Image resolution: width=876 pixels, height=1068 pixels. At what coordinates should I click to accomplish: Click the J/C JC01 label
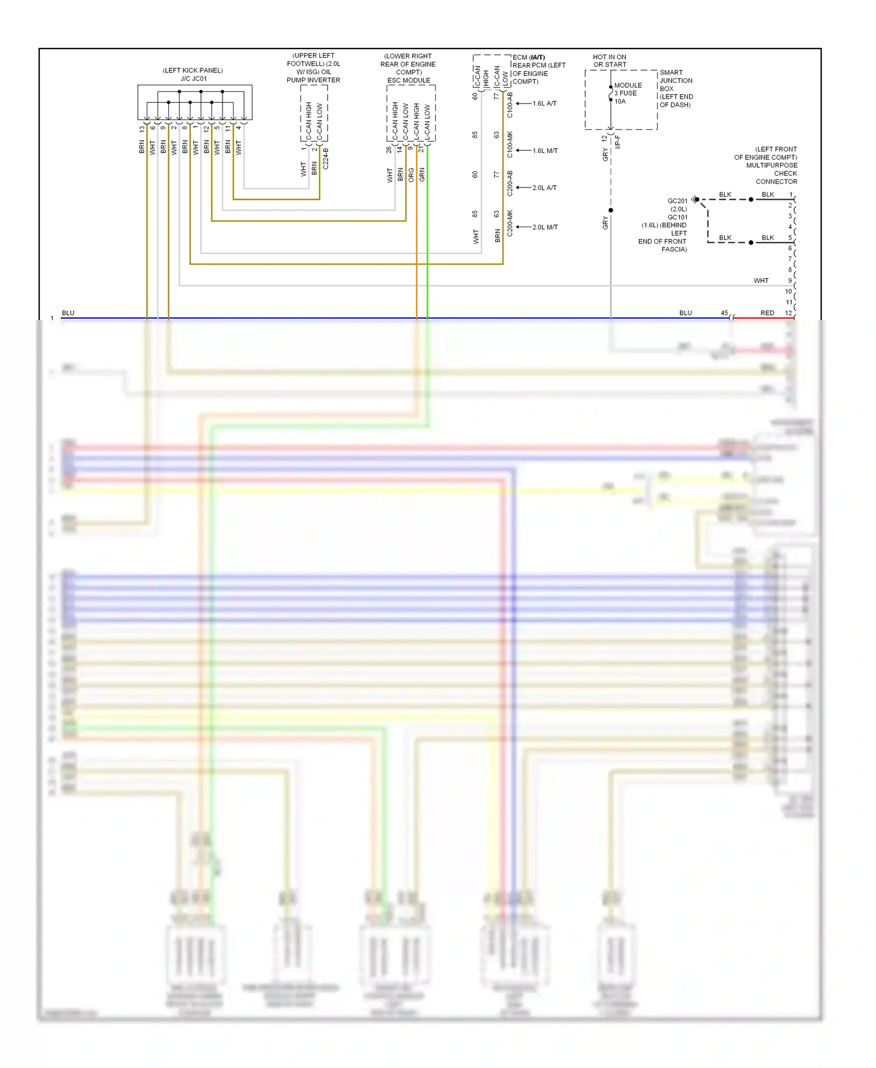(193, 78)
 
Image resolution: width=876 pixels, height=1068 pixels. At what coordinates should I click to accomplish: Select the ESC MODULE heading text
(409, 81)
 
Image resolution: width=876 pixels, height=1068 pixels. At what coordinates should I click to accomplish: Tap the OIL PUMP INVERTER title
(314, 80)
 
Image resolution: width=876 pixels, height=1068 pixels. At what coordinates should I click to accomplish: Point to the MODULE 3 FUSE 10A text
(627, 93)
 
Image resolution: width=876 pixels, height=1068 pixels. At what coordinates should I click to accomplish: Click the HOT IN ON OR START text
(610, 61)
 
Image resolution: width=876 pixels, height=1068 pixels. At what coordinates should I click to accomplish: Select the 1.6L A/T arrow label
(544, 103)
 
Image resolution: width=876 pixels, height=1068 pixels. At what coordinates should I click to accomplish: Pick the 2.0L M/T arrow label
(545, 227)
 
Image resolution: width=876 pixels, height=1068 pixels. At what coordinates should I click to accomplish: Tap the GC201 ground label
(677, 201)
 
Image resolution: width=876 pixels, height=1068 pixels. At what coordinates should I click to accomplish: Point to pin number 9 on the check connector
(790, 280)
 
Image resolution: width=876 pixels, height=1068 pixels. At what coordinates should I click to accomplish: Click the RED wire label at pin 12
(767, 313)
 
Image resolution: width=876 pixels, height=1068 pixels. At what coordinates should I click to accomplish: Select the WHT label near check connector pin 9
(761, 280)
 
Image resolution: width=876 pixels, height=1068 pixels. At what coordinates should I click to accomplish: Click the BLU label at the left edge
(68, 313)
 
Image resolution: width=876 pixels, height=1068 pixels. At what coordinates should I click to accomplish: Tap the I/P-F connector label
(618, 141)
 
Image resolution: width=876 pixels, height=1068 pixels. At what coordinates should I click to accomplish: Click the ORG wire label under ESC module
(411, 175)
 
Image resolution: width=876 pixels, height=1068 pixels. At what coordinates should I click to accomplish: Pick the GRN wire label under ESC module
(422, 175)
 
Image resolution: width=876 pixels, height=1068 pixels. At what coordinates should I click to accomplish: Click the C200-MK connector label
(510, 223)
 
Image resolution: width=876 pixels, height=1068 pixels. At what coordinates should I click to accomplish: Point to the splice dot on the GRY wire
(611, 210)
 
